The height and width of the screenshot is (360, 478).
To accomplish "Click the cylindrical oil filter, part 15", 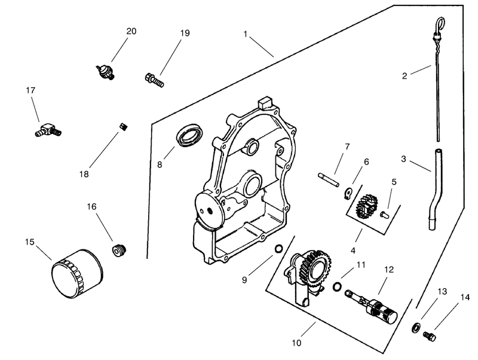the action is (x=77, y=274).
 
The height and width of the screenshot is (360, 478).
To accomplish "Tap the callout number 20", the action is (x=131, y=31).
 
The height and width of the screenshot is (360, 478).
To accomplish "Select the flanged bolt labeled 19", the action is (x=154, y=80).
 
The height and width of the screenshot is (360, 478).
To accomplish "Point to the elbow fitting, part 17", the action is (x=48, y=130).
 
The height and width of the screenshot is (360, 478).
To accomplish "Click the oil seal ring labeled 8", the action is (x=189, y=135).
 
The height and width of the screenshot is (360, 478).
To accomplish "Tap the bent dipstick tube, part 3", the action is (x=436, y=189).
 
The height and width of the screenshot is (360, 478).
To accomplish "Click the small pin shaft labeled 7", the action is (x=328, y=179).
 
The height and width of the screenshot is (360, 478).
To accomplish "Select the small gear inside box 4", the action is (x=366, y=206).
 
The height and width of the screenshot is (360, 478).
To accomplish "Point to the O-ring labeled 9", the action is (x=278, y=249).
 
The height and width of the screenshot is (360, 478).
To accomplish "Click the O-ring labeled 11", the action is (x=337, y=286).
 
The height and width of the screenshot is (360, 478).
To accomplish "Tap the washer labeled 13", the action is (x=416, y=328).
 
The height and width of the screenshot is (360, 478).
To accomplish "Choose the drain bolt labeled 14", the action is (x=430, y=337).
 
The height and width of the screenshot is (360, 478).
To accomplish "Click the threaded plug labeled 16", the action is (x=118, y=251).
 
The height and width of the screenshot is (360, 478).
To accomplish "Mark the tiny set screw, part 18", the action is (x=124, y=126).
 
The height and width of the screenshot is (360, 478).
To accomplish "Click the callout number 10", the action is (x=296, y=343).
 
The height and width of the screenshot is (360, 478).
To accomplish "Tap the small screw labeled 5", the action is (x=385, y=215).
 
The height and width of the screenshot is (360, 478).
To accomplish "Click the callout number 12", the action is (x=389, y=270).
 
